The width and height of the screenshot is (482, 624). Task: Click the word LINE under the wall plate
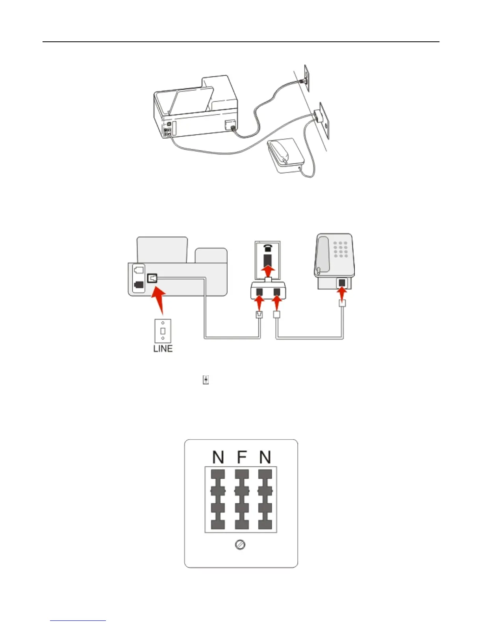[x=163, y=349]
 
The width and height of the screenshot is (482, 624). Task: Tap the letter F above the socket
[x=241, y=457]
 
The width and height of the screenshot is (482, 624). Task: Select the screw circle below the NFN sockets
[x=240, y=545]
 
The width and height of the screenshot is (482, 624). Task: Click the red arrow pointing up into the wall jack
[x=269, y=271]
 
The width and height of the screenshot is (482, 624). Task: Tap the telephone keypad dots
[x=341, y=249]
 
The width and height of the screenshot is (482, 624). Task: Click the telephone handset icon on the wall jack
[x=269, y=247]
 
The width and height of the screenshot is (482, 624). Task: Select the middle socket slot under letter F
[x=241, y=499]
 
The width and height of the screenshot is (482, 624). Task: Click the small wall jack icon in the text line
[x=206, y=380]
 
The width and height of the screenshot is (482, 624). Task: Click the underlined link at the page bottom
[x=78, y=621]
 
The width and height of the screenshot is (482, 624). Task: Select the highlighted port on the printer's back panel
[x=152, y=278]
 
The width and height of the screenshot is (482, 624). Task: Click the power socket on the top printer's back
[x=230, y=124]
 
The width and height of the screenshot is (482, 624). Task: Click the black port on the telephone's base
[x=342, y=282]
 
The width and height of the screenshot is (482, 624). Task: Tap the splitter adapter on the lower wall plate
[x=317, y=115]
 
